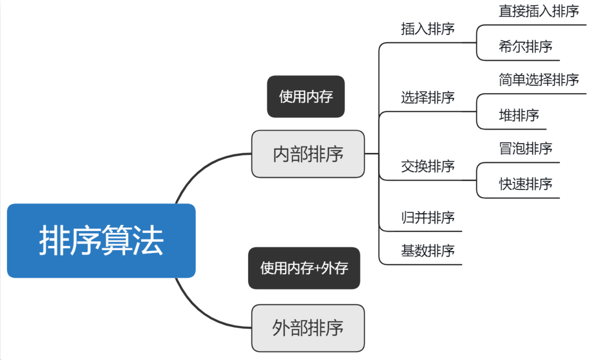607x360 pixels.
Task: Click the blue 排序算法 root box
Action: (101, 240)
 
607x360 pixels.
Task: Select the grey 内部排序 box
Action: (308, 154)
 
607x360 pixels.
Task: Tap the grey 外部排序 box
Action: (308, 328)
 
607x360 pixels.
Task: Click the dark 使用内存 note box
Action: (306, 97)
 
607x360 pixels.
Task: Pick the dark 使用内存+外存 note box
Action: (304, 268)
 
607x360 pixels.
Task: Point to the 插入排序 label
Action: (428, 29)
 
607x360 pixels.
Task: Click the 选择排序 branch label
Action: (428, 98)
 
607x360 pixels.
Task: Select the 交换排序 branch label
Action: (428, 166)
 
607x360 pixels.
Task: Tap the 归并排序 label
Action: (428, 218)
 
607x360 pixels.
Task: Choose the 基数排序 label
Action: (428, 250)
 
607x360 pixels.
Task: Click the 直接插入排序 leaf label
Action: (539, 12)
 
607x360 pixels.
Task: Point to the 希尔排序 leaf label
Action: (525, 47)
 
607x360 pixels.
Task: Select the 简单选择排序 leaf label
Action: (539, 80)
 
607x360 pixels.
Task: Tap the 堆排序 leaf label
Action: (519, 115)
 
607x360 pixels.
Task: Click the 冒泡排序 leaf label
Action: (525, 148)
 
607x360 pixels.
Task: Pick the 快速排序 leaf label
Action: (525, 184)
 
